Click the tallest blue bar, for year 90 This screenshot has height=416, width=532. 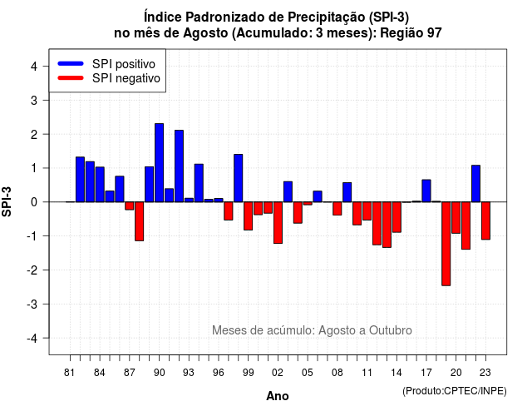pyautogui.click(x=159, y=163)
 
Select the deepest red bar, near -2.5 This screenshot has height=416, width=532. pyautogui.click(x=446, y=244)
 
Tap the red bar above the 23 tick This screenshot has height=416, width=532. pyautogui.click(x=485, y=220)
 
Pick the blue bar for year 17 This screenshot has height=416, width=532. pyautogui.click(x=426, y=191)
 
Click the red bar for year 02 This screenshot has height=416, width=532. pyautogui.click(x=278, y=223)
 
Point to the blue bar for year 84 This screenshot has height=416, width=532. pyautogui.click(x=100, y=185)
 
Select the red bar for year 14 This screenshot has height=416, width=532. pyautogui.click(x=397, y=217)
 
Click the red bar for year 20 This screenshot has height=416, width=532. pyautogui.click(x=456, y=218)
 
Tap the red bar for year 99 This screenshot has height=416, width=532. pyautogui.click(x=249, y=216)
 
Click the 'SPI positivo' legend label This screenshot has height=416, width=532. pyautogui.click(x=124, y=64)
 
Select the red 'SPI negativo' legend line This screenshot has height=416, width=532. pyautogui.click(x=71, y=78)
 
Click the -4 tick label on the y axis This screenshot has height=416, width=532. pyautogui.click(x=32, y=339)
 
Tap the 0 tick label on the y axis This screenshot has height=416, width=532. pyautogui.click(x=34, y=202)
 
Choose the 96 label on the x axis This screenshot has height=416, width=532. pyautogui.click(x=219, y=373)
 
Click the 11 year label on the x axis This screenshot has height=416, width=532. pyautogui.click(x=367, y=373)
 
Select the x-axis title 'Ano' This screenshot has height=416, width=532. pyautogui.click(x=278, y=396)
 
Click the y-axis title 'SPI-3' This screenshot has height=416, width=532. pyautogui.click(x=7, y=201)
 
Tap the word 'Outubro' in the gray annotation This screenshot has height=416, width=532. pyautogui.click(x=391, y=330)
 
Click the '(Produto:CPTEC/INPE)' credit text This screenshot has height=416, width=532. pyautogui.click(x=455, y=391)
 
